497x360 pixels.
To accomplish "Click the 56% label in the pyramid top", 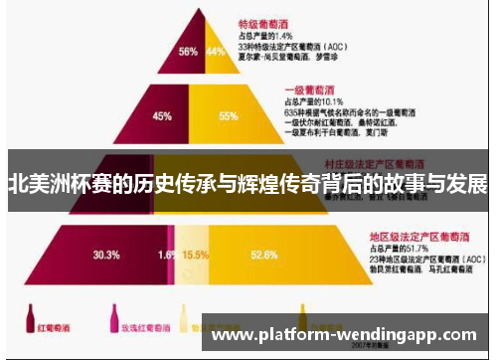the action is pos(187,51).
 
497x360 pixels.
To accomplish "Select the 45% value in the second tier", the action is pos(161,115).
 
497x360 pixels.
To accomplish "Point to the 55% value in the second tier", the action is pos(228,115).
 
